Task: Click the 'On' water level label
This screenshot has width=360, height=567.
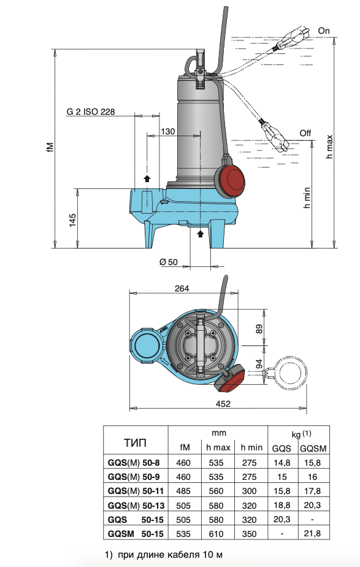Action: (323, 31)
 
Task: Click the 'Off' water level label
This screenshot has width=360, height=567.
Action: (305, 133)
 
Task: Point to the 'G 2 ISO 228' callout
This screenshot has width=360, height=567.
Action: (91, 112)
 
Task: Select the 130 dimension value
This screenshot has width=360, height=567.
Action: (167, 131)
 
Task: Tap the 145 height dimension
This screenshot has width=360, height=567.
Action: (72, 220)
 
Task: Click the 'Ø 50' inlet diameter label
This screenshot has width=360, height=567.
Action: (169, 262)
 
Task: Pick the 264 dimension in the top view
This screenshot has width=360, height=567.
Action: (182, 288)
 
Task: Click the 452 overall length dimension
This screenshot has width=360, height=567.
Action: (223, 404)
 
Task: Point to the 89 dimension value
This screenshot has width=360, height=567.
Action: (259, 329)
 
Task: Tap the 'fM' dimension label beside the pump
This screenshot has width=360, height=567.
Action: (50, 147)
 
